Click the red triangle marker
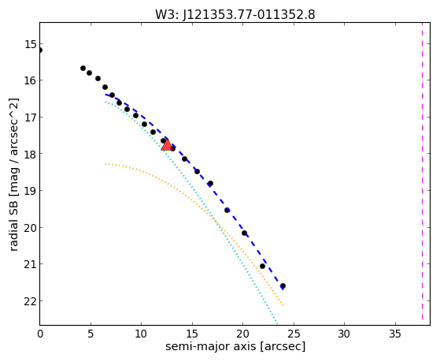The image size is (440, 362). (167, 144)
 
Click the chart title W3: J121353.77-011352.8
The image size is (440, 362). (235, 15)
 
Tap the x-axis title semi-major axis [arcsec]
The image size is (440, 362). (235, 346)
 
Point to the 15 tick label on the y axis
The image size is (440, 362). (31, 44)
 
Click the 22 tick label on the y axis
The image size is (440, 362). (31, 301)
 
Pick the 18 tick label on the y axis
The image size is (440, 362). (31, 154)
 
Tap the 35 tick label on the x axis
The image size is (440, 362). (395, 334)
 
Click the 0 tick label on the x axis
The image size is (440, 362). (40, 334)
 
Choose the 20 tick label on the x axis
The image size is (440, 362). (242, 334)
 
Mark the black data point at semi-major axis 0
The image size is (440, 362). (40, 50)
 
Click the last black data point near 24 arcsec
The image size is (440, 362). (283, 285)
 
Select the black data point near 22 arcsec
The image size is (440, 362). (262, 266)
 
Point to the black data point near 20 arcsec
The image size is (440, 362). (244, 233)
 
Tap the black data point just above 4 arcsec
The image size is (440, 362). (83, 68)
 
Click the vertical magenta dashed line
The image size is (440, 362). (422, 171)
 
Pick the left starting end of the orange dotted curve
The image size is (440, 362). (105, 164)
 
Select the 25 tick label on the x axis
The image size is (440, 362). (294, 334)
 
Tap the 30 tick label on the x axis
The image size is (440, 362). (344, 334)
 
